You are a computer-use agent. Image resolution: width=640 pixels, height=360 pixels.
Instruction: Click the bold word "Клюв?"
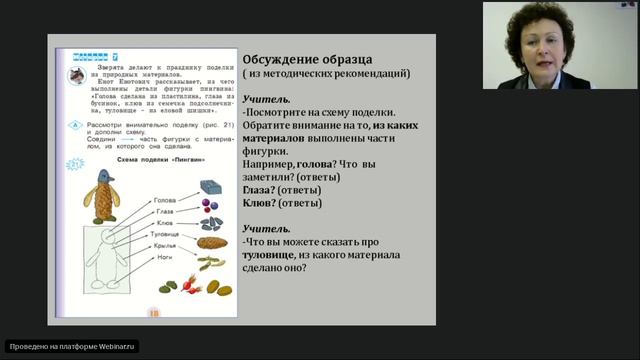pos(262,202)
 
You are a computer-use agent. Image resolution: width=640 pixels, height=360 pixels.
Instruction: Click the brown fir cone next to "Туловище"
pos(211,242)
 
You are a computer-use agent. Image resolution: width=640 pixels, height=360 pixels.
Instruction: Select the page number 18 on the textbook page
pos(153,312)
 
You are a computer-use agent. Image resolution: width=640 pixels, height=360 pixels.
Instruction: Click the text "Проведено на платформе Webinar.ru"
pos(72,346)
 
